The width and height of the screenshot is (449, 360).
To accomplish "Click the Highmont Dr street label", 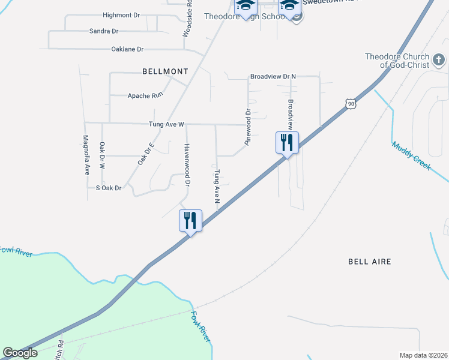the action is click(121, 16).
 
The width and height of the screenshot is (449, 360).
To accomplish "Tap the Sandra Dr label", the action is click(104, 31).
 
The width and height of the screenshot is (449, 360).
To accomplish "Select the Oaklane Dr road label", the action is click(127, 49).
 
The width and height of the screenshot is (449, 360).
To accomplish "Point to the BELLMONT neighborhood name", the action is click(165, 71).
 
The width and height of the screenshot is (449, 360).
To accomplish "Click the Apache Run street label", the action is click(145, 95).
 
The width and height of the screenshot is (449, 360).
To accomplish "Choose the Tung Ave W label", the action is click(166, 125).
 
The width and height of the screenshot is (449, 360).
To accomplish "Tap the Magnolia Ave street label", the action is click(86, 155).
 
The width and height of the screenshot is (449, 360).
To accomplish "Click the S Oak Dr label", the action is click(109, 188).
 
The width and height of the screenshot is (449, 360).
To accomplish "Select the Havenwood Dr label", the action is click(187, 164).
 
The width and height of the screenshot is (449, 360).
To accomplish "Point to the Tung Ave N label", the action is click(217, 185).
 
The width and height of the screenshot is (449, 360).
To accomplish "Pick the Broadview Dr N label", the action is click(274, 77).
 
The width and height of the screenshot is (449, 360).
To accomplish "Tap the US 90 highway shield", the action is click(351, 104).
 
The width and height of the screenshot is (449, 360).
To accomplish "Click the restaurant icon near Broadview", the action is click(287, 142).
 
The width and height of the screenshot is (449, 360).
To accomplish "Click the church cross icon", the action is click(439, 60).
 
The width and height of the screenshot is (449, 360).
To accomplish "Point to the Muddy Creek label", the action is click(411, 155).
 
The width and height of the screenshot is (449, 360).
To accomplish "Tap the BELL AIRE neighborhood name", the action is click(370, 262).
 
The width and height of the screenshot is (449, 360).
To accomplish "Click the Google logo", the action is click(20, 353).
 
